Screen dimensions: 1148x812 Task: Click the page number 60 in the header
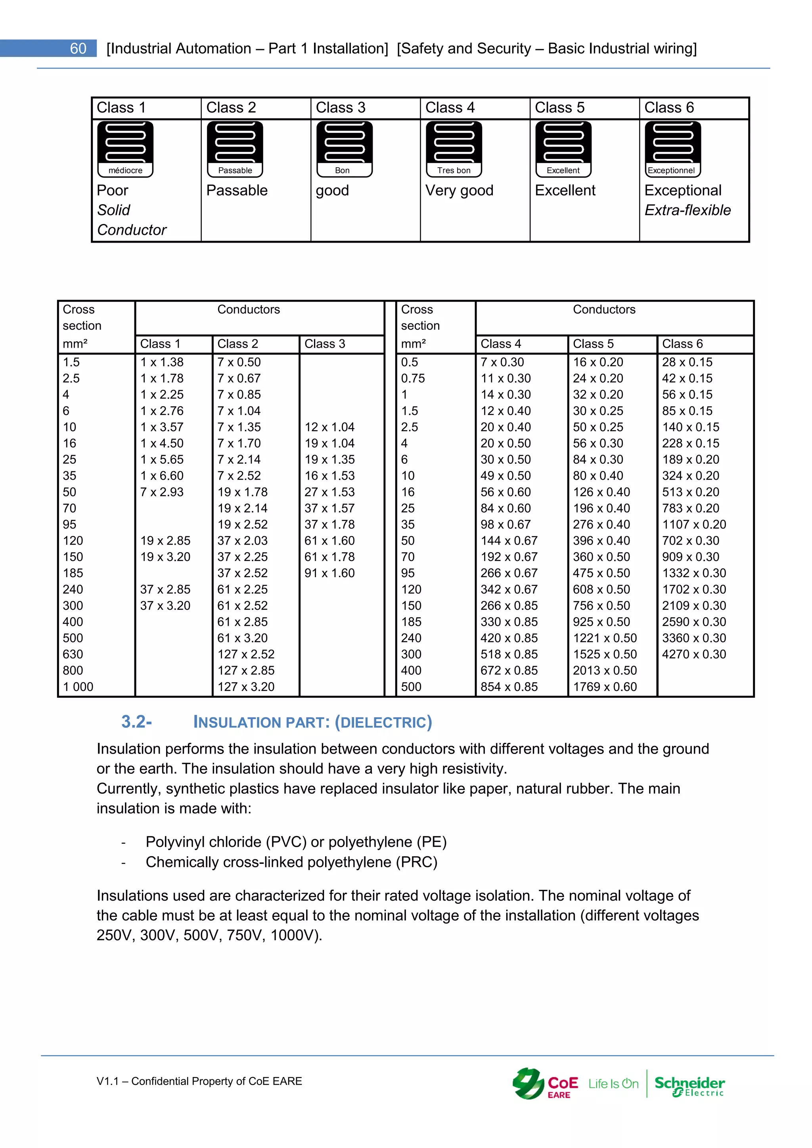click(x=78, y=48)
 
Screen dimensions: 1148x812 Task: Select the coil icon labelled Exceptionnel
click(x=672, y=149)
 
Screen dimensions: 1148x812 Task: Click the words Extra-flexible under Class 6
click(x=687, y=210)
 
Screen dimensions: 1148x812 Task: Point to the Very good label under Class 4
click(x=459, y=191)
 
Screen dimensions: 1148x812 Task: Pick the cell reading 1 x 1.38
click(x=161, y=362)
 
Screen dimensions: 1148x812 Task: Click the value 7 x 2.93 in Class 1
click(x=161, y=492)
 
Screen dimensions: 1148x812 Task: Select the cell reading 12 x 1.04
click(x=329, y=427)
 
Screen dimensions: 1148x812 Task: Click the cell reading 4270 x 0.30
click(x=693, y=654)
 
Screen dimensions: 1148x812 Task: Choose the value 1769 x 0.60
click(x=605, y=687)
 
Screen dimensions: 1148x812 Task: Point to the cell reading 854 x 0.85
click(x=509, y=687)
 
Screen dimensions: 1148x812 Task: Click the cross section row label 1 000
click(x=78, y=687)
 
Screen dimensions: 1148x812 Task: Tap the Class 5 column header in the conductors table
click(x=593, y=344)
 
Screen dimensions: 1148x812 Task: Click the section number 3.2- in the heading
click(x=136, y=721)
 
